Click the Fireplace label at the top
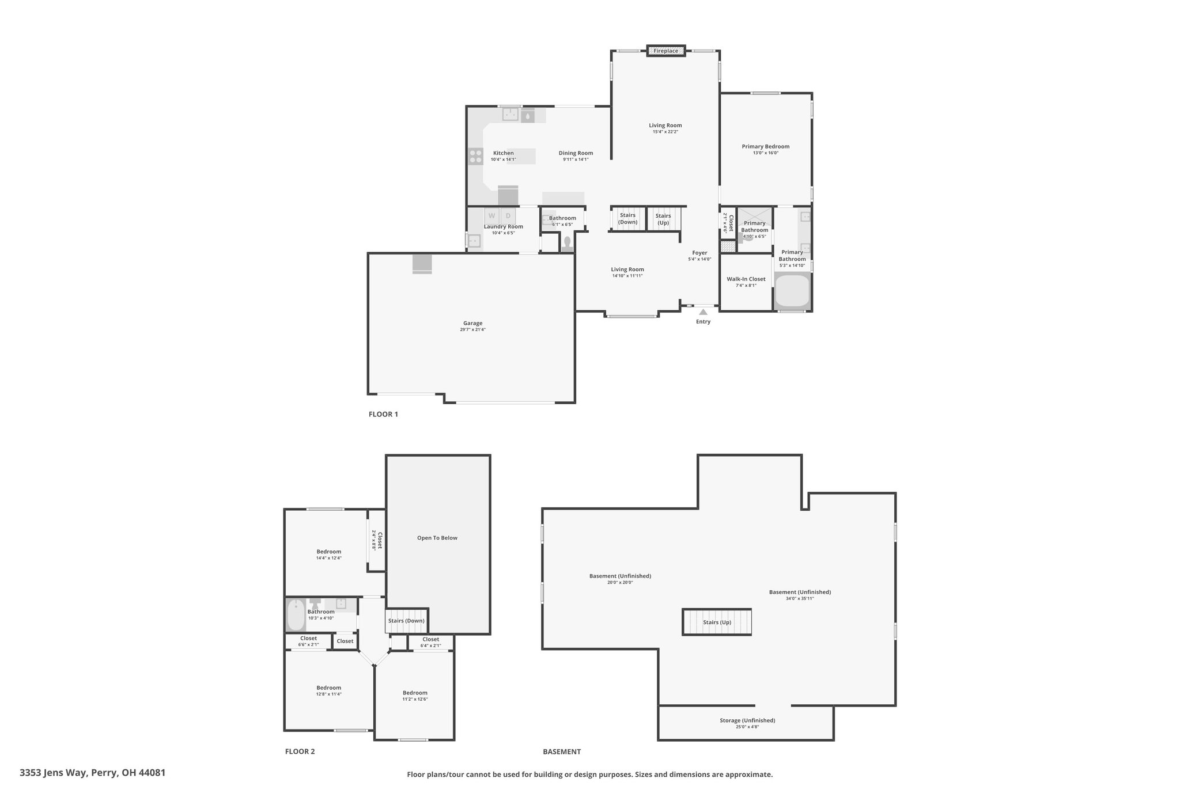tap(665, 51)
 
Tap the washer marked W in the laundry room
tap(491, 216)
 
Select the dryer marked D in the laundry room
tap(508, 216)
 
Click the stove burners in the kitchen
tap(476, 156)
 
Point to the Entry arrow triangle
tap(703, 312)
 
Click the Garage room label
tap(473, 323)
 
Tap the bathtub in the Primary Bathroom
tap(792, 291)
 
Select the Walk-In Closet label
tap(746, 279)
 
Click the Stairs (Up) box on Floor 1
tap(663, 219)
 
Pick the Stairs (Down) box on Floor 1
tap(628, 219)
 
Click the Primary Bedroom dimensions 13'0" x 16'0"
tap(766, 153)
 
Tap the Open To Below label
tap(437, 538)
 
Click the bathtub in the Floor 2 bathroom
tap(295, 615)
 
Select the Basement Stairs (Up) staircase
tap(717, 622)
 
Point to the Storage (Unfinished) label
tap(747, 720)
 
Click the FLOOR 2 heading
tap(300, 751)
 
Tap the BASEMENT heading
tap(562, 751)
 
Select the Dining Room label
tap(576, 153)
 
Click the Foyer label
tap(699, 253)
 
